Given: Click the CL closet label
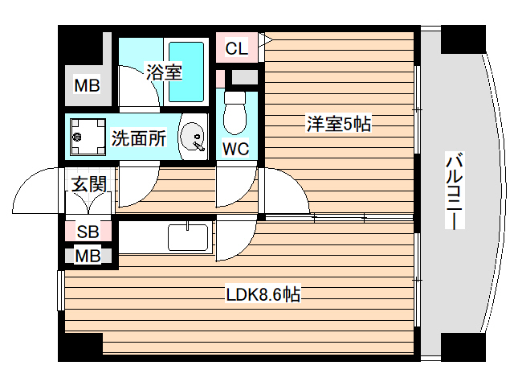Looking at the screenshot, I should tap(236, 48).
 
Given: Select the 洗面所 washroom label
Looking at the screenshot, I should tap(139, 138).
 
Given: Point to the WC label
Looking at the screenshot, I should tap(235, 149).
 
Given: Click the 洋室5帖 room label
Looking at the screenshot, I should tap(337, 124).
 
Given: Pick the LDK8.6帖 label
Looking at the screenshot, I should tap(263, 295).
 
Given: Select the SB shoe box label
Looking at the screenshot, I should tap(88, 232).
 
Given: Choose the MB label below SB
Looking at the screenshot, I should tap(88, 257).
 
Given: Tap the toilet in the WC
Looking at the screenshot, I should tap(235, 112).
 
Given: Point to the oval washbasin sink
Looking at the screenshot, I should tap(192, 138).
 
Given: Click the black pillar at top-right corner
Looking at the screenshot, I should tap(463, 39).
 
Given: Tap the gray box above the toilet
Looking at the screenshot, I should tap(244, 78).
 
